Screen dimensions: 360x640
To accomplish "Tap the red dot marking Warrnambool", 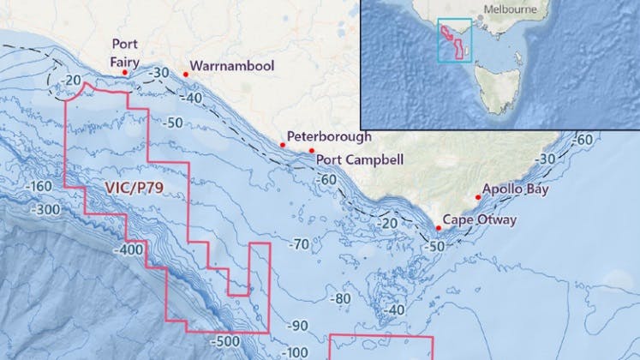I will pos(185,75).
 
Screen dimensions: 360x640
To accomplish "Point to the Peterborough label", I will pos(329,136).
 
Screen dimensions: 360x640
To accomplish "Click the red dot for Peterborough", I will pos(283,145).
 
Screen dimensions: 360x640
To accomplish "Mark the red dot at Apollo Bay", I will pos(477,197).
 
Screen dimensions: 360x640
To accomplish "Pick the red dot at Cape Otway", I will pos(439,227).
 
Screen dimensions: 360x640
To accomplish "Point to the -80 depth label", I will pos(341,298).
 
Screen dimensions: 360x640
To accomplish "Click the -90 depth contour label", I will pos(297,326).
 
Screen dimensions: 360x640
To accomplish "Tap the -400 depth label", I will pos(128,249).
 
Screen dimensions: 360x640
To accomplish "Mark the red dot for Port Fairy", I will pos(125,73).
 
